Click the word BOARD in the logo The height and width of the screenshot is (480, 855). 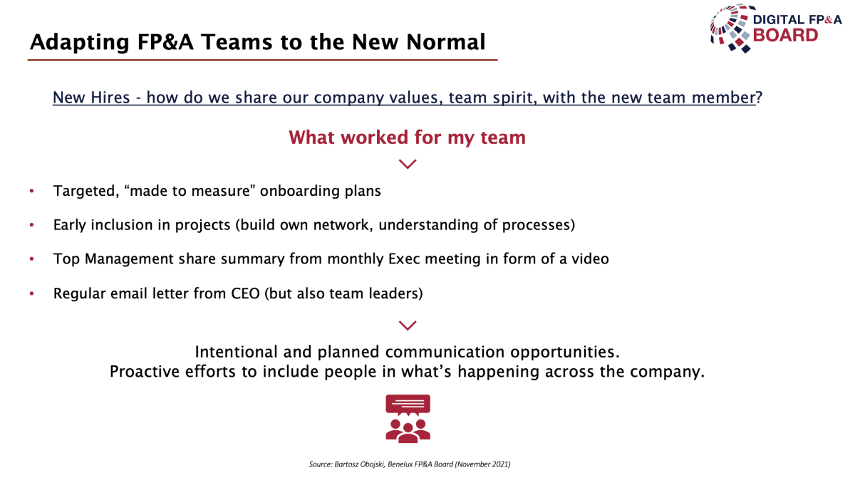tap(785, 35)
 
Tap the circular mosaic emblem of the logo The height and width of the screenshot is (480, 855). tap(732, 28)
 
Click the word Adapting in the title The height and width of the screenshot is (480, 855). tap(79, 42)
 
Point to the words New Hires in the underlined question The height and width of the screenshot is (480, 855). tap(91, 98)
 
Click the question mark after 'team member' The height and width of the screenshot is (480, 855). tap(760, 98)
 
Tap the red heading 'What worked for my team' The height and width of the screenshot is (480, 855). tap(408, 137)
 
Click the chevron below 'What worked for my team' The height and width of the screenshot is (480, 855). tap(408, 164)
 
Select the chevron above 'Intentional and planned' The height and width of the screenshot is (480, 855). tap(408, 325)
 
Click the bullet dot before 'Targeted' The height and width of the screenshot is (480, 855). tap(31, 191)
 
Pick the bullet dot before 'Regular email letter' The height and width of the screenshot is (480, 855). tap(31, 293)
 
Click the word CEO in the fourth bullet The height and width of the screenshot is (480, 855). tap(245, 293)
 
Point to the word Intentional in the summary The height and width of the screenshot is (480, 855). tap(237, 352)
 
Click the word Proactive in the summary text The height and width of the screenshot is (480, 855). tap(145, 371)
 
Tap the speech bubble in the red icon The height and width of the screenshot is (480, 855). tap(408, 405)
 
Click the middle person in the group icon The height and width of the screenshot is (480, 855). tap(408, 434)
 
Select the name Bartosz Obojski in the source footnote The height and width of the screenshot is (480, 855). tap(359, 464)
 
